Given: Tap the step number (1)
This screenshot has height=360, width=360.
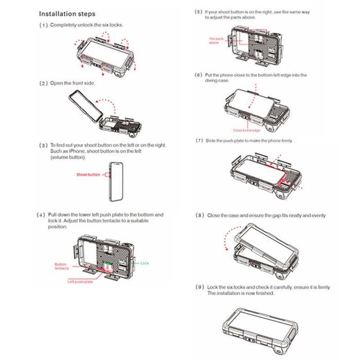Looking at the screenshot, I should click(x=44, y=25).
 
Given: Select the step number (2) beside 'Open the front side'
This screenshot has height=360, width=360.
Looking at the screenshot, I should click(x=44, y=83).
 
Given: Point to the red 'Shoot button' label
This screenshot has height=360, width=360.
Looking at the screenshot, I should click(x=88, y=174).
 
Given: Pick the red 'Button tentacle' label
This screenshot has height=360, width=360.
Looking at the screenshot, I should click(x=61, y=266).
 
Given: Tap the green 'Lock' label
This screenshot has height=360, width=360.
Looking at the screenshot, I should click(x=145, y=263).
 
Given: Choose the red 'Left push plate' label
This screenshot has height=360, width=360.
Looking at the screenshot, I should click(x=80, y=282).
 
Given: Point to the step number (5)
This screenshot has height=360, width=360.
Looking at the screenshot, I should click(x=198, y=11).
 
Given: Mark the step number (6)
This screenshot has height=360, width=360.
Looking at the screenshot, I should click(x=198, y=75).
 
